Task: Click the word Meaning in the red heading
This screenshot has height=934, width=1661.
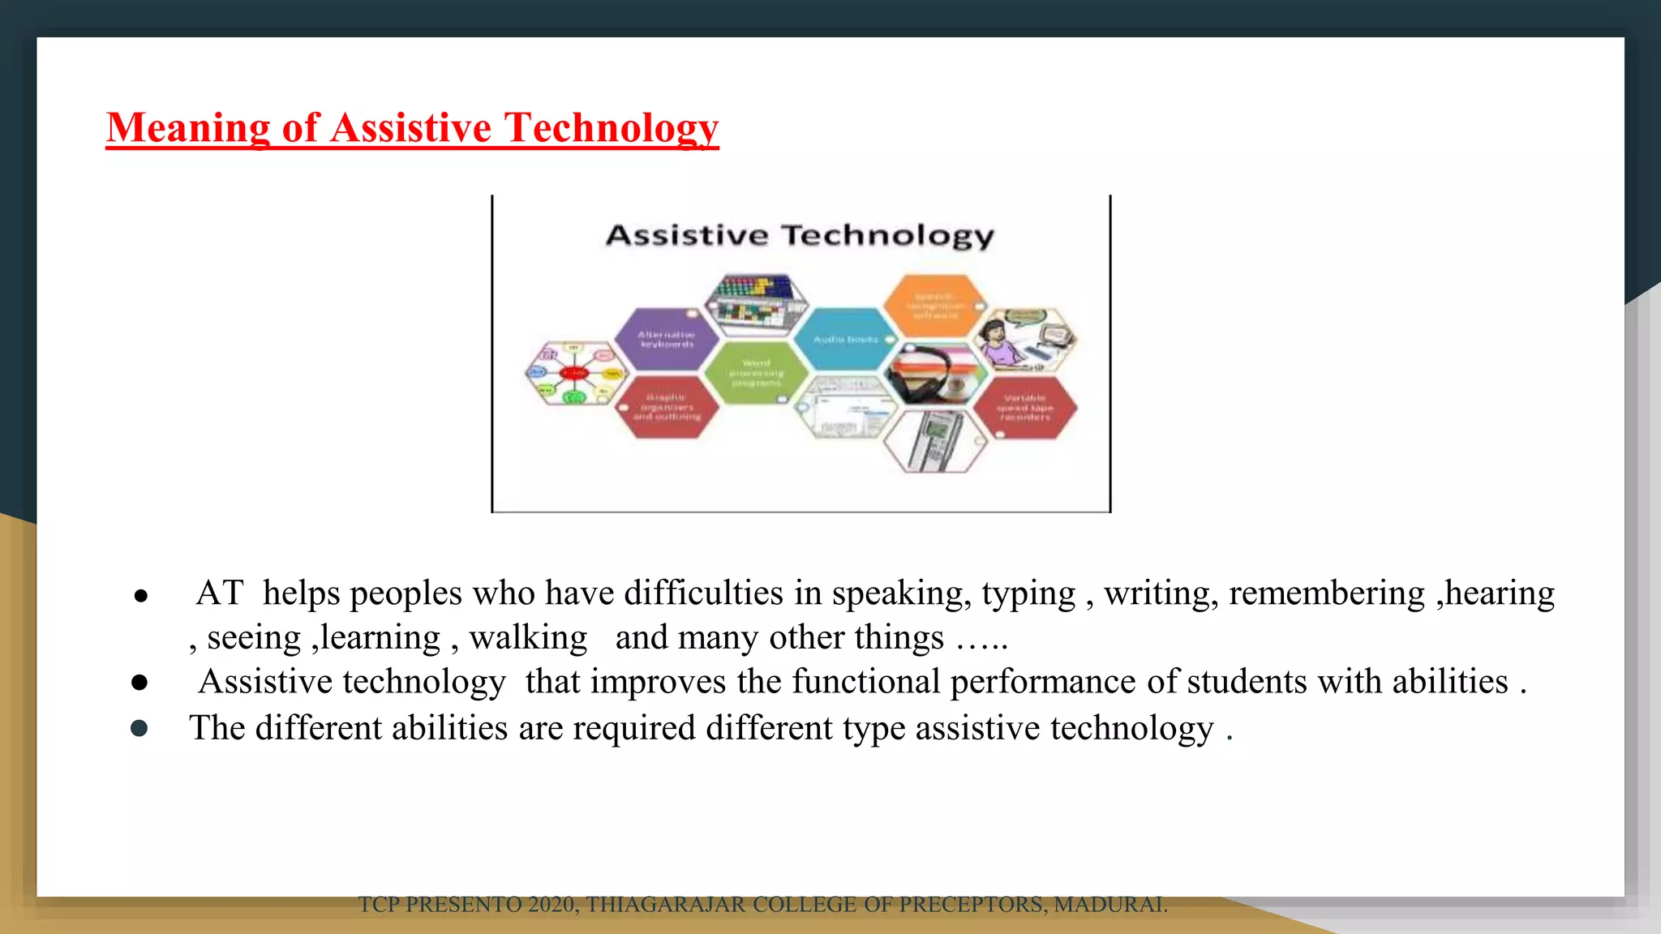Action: [187, 128]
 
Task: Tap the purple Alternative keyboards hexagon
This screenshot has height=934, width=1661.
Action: [666, 339]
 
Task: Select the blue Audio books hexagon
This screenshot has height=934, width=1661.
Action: [845, 339]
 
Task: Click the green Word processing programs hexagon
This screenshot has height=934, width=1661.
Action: [756, 373]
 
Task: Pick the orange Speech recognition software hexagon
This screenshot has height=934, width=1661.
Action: [934, 306]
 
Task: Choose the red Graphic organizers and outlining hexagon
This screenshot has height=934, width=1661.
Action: [667, 407]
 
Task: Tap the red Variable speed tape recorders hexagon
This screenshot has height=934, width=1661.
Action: [1025, 407]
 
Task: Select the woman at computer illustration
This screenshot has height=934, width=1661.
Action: [1025, 341]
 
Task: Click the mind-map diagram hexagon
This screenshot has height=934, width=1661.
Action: [574, 373]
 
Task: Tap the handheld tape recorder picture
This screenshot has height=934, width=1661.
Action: [935, 441]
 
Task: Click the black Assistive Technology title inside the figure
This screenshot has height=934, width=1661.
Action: [800, 235]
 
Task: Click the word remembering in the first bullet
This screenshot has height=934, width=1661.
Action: [1326, 593]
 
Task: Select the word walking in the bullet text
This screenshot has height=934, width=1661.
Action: [528, 638]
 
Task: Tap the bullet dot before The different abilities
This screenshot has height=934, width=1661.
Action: [139, 728]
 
